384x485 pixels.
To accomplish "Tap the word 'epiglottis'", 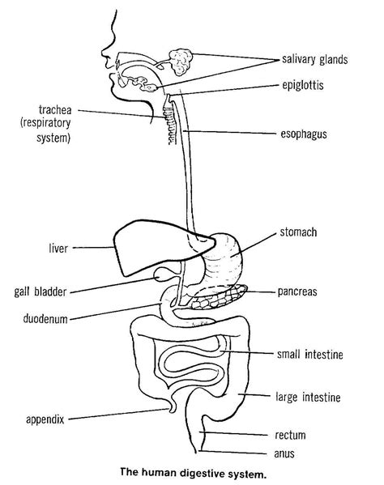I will pos(306,83).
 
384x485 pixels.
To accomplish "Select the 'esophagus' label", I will pos(304,134).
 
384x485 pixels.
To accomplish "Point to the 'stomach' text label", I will pos(301,232).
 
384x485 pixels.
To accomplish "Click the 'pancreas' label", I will pos(301,289).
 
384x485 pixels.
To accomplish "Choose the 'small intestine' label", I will pos(310,355).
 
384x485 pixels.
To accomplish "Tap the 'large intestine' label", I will pos(311,397).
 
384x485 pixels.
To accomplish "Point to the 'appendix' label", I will pos(45,419).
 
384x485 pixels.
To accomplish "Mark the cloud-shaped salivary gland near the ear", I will pos(180,61).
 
